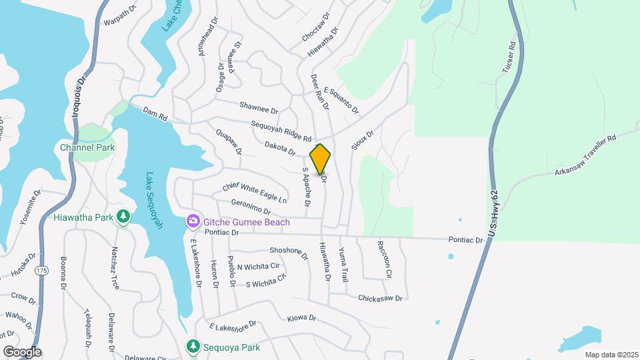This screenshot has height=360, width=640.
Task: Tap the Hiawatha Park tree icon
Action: point(123,217)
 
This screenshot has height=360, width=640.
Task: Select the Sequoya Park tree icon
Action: point(193,347)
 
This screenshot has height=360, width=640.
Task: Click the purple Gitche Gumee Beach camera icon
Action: point(193,221)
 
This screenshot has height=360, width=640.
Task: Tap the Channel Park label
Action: point(87,148)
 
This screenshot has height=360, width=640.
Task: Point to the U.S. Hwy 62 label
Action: point(493,212)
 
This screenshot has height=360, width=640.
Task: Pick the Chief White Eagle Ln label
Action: point(255,191)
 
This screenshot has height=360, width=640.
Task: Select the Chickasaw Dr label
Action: point(380,299)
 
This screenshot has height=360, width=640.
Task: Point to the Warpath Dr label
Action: point(120,23)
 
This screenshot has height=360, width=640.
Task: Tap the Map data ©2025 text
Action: point(611,355)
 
